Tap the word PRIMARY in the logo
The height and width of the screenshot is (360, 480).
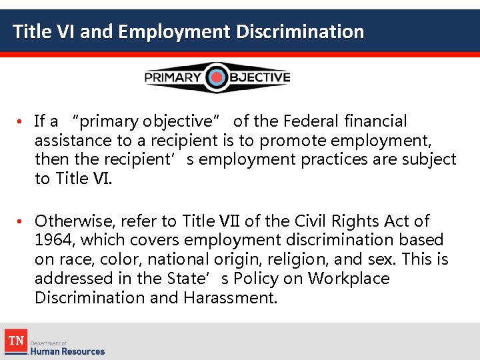pos(173,78)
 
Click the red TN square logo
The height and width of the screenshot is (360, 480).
pos(15,341)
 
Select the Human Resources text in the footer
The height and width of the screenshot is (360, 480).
pos(67,351)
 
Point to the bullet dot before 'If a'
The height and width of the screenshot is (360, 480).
pos(21,121)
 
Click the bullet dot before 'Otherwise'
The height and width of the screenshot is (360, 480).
pos(21,221)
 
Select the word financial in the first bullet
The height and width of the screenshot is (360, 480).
pos(375,121)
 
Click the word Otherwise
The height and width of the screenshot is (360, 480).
pos(72,221)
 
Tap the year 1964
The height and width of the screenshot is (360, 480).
pos(51,240)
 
